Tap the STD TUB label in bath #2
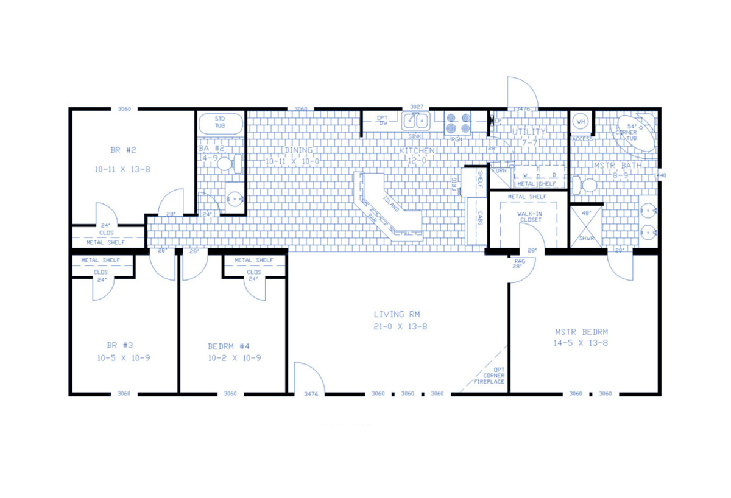(x=219, y=122)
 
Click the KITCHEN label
(x=417, y=150)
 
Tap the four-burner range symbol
(x=457, y=122)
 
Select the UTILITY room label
(x=529, y=132)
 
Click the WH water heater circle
(x=581, y=122)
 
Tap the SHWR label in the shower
(x=585, y=239)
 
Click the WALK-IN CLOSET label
(x=530, y=217)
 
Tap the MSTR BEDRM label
(x=581, y=332)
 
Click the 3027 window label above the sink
(x=416, y=107)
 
